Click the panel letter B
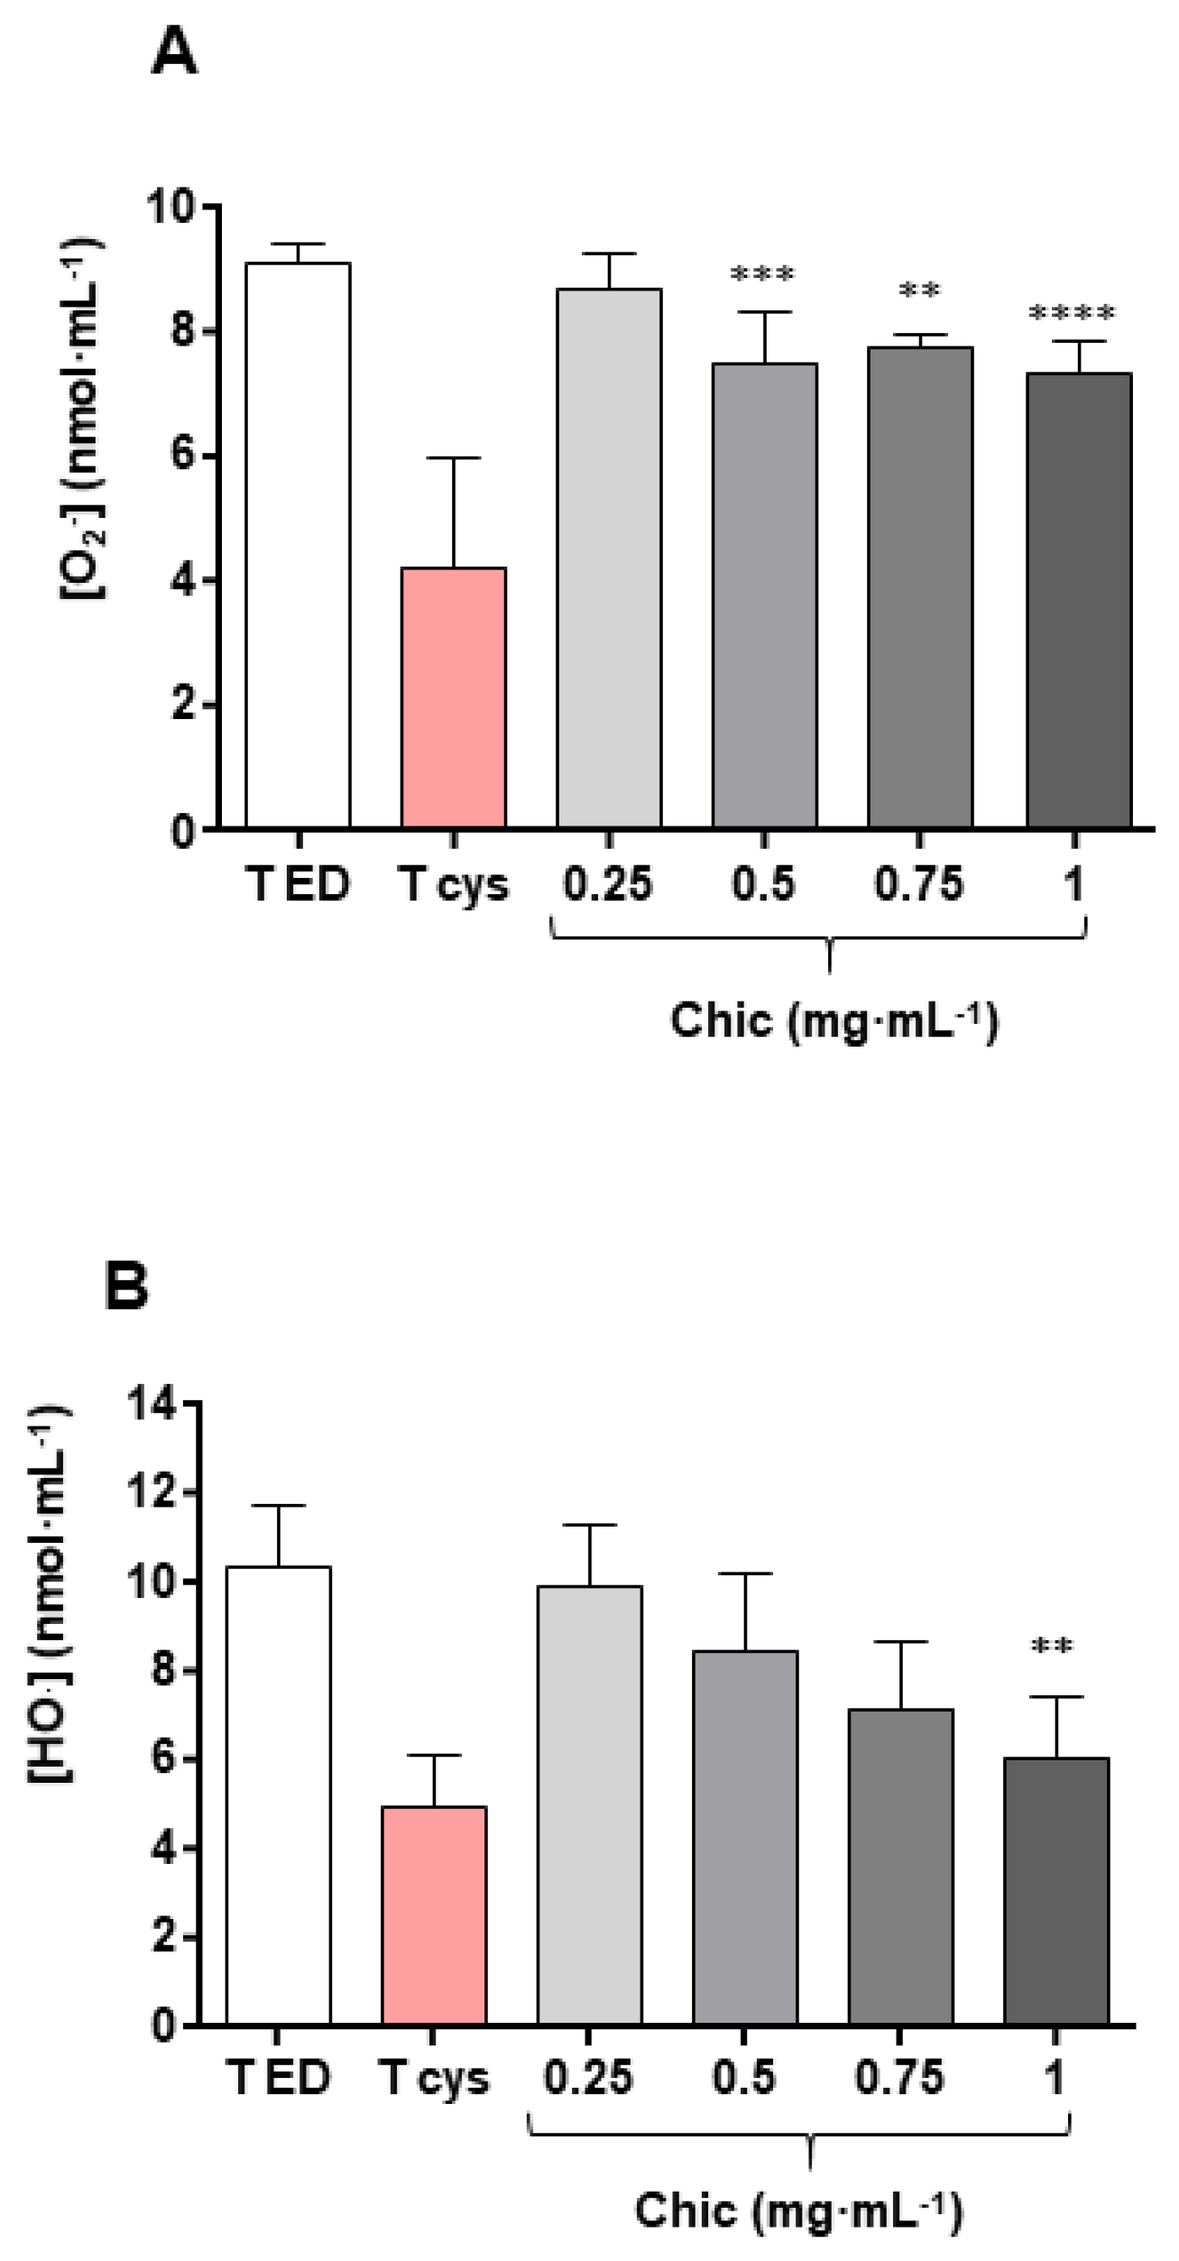[126, 1286]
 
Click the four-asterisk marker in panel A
[1072, 313]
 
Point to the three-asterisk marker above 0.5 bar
[762, 273]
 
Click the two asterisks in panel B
[1052, 1647]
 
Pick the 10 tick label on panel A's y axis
[170, 208]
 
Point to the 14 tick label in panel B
[151, 1404]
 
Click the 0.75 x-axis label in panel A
[918, 883]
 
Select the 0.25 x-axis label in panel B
[588, 2077]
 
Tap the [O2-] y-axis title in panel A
[81, 420]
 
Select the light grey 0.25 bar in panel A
[609, 559]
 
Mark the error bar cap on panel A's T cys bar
[453, 458]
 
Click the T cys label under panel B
[434, 2077]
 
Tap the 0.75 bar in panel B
[900, 1868]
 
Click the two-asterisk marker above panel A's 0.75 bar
[919, 291]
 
